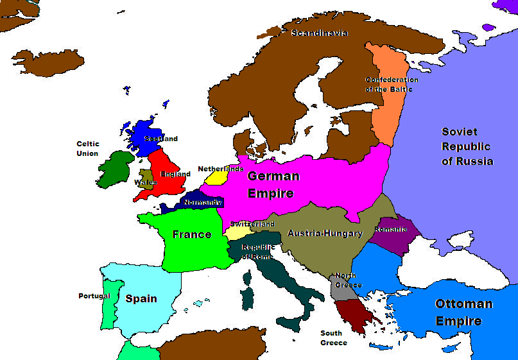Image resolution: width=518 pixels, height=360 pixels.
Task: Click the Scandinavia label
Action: coord(319,33)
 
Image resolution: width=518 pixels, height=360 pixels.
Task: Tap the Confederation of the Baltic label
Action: coord(392,84)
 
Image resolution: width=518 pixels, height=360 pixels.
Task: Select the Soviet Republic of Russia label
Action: coord(467,146)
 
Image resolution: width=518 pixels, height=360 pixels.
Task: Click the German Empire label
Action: coord(273,184)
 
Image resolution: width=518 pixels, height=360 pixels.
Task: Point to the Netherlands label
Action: coord(220,169)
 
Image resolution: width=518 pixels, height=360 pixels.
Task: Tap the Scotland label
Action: coord(161,139)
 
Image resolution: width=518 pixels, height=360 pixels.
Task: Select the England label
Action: coord(175,174)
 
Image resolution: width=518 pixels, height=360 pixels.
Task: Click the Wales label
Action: coord(145,182)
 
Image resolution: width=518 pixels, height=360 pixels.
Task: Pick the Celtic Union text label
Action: coord(87,149)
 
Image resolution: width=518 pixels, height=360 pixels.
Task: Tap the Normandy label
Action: coord(203,202)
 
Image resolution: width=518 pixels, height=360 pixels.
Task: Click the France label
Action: coord(191,234)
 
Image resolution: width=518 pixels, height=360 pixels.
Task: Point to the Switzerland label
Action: coord(252,224)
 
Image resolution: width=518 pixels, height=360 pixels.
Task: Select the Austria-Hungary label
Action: coord(325,233)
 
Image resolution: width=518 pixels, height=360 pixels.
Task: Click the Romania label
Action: coord(390,229)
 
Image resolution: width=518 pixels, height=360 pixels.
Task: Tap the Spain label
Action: coord(141,298)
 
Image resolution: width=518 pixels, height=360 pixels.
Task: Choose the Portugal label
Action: coord(94,296)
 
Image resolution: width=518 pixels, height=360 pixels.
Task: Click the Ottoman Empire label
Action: coord(463,312)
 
